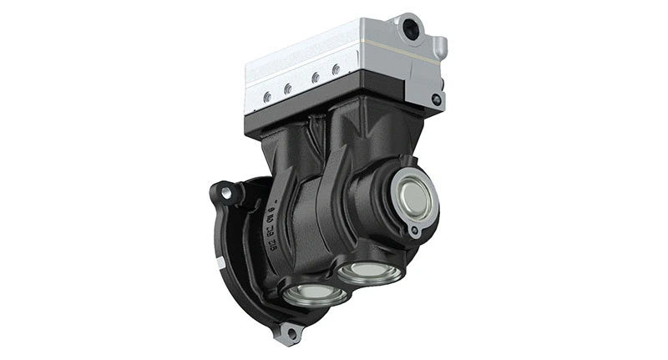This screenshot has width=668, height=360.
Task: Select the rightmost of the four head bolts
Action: point(335,69)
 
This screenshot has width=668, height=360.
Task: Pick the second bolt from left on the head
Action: point(287,88)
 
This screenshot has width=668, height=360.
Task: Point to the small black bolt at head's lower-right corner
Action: point(436,99)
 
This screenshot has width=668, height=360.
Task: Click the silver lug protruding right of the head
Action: point(439,47)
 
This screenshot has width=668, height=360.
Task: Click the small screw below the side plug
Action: point(412,231)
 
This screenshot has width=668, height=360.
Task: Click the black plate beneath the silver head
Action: point(334,109)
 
